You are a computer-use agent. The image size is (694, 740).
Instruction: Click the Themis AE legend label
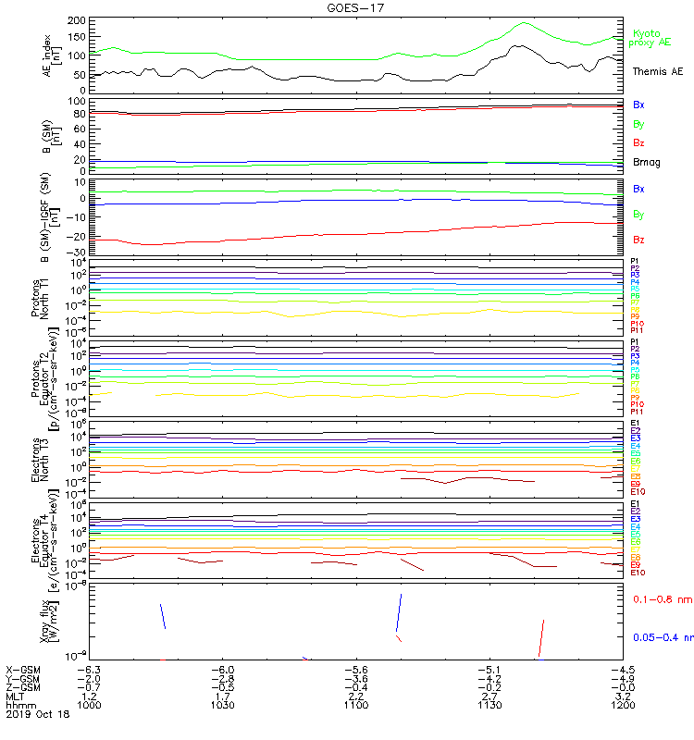657,71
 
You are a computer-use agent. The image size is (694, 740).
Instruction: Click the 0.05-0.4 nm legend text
661,637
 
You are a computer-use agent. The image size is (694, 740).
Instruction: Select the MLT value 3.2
626,696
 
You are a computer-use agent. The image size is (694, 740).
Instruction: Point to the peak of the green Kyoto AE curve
525,23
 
